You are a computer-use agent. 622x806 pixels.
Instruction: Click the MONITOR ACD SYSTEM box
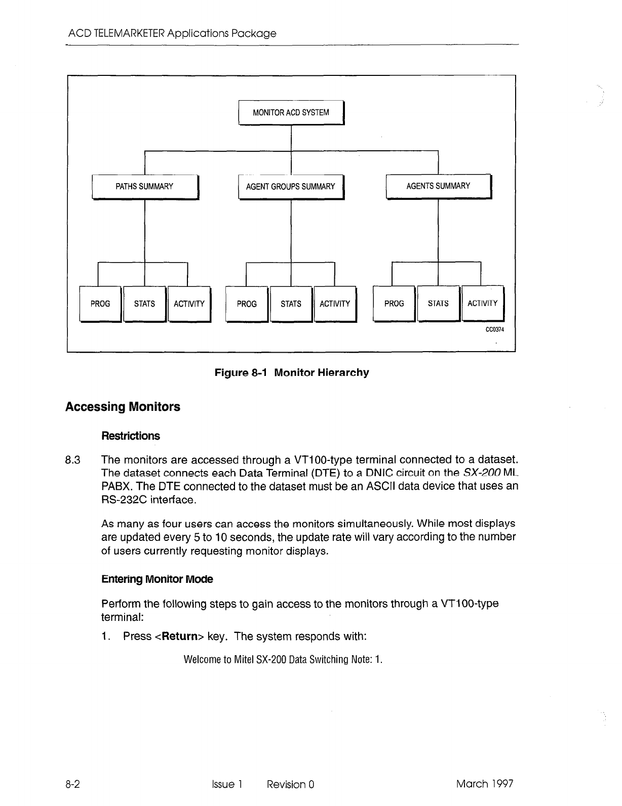[x=291, y=112]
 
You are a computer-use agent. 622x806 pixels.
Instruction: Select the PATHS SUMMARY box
[x=144, y=186]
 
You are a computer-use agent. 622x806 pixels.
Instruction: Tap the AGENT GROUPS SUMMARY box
[x=291, y=186]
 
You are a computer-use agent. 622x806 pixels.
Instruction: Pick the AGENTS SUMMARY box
[x=438, y=186]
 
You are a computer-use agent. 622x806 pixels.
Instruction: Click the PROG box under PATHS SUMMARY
[x=100, y=304]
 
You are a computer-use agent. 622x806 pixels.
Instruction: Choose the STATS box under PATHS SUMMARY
[x=144, y=304]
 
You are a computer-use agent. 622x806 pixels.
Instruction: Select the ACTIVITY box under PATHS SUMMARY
[x=189, y=304]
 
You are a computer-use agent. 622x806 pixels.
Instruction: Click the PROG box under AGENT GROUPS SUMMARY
[x=247, y=304]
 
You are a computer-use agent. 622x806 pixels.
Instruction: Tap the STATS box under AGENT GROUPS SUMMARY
[x=291, y=304]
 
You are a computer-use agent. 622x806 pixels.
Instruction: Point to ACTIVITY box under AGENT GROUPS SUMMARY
[x=335, y=304]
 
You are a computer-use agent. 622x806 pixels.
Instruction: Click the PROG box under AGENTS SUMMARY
[x=394, y=303]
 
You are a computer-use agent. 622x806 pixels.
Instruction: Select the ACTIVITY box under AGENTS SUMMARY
[x=483, y=303]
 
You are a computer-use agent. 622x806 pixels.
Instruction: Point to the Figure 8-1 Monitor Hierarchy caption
[x=292, y=373]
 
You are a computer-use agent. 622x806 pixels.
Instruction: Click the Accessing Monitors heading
[x=123, y=407]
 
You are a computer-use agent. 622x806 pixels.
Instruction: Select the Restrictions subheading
[x=131, y=436]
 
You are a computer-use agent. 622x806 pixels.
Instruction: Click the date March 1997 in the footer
[x=485, y=784]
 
